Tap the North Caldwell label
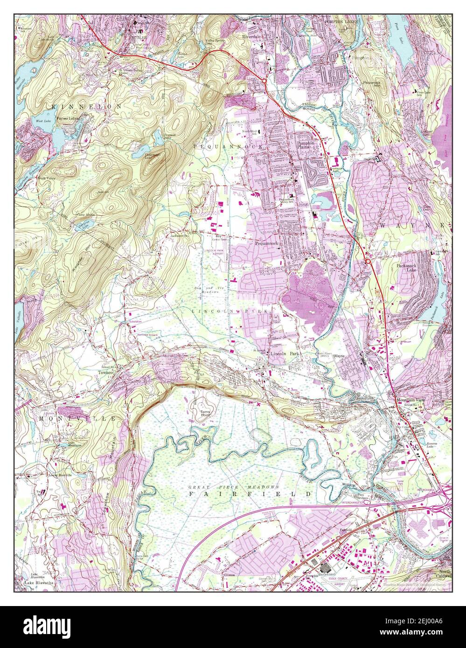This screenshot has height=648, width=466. (445, 574)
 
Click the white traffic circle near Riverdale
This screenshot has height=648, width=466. (264, 81)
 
